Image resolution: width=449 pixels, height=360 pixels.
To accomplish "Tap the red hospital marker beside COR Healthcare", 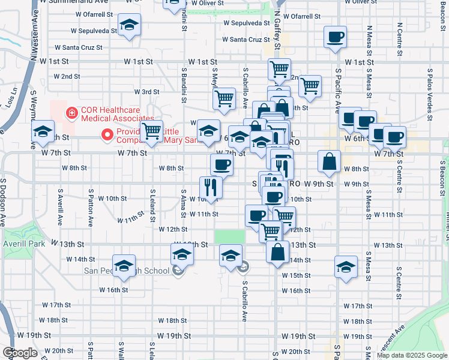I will point(71,112).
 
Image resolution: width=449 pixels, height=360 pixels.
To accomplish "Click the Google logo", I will point(20,353).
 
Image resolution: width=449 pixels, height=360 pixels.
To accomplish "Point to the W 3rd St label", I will point(146,92).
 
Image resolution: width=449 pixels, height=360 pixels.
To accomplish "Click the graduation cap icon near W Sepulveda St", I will point(128,25).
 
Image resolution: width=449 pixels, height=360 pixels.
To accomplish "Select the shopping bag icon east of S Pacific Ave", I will point(330,161).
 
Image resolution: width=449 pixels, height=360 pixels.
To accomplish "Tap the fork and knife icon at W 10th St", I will point(211,187).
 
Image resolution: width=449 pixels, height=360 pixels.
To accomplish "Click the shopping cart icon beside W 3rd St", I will point(224,98).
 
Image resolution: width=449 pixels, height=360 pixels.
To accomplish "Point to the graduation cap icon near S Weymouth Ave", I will point(42,132).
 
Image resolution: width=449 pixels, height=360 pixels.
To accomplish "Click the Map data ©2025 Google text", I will point(411,355).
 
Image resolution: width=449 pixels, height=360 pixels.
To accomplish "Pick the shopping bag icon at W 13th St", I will point(278,252).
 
